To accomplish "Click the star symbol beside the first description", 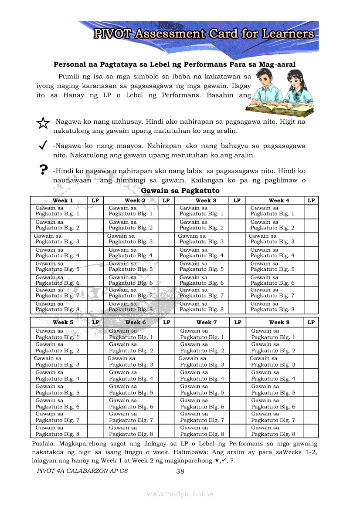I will click(43, 123).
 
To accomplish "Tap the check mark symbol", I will click(43, 146).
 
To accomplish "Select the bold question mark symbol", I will click(43, 169).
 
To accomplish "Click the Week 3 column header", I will click(206, 200).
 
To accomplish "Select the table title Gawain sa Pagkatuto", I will click(180, 191).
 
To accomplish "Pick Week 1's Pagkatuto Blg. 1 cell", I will click(58, 211).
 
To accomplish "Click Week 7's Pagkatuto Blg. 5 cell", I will click(202, 390).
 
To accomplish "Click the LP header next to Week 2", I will click(166, 200).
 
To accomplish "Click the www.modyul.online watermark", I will click(180, 494).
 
